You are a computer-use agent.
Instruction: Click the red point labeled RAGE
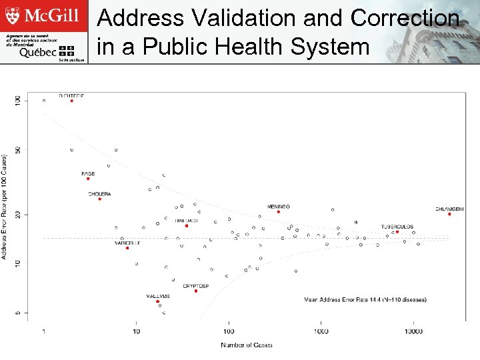click(x=88, y=179)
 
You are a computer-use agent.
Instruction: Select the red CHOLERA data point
click(x=99, y=199)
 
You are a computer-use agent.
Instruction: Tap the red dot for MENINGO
click(x=279, y=212)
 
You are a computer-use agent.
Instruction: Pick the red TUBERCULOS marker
click(x=397, y=232)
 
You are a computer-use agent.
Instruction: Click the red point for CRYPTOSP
click(x=196, y=291)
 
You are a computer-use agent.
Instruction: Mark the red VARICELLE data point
click(x=127, y=248)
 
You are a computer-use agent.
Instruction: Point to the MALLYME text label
click(x=158, y=296)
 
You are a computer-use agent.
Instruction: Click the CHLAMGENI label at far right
click(x=449, y=209)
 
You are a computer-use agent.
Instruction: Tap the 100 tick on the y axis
click(x=17, y=100)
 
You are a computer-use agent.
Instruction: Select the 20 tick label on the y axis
click(x=17, y=214)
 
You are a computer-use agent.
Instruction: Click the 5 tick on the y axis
click(x=17, y=312)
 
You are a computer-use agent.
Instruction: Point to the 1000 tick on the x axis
click(x=321, y=331)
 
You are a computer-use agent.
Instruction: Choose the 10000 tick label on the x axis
click(x=413, y=331)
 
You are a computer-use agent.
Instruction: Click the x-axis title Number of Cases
click(x=247, y=345)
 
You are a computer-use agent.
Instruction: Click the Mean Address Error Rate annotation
click(x=365, y=300)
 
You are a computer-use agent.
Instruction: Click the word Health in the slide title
click(x=273, y=47)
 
